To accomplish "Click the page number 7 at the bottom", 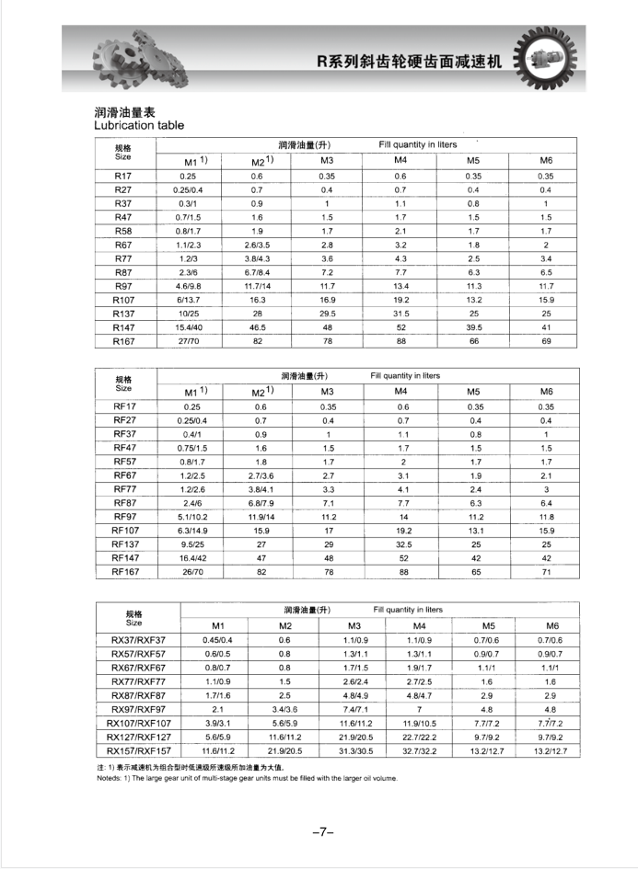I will [x=322, y=831].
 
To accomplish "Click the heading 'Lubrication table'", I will [x=139, y=125].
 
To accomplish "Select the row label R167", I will [x=123, y=340].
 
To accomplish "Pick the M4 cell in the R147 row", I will [x=400, y=326].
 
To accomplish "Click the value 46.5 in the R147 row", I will [x=258, y=326].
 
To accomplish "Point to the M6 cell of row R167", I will [x=545, y=340].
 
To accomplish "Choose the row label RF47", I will [x=124, y=447].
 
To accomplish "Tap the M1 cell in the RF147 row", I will [x=191, y=557].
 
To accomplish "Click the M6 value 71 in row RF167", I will [x=546, y=571].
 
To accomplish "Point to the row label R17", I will [x=123, y=175].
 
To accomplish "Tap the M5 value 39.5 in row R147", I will [x=473, y=326].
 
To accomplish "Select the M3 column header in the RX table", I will [x=350, y=625].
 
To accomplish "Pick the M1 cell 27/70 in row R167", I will [x=191, y=340].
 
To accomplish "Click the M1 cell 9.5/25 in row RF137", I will [x=191, y=543].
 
